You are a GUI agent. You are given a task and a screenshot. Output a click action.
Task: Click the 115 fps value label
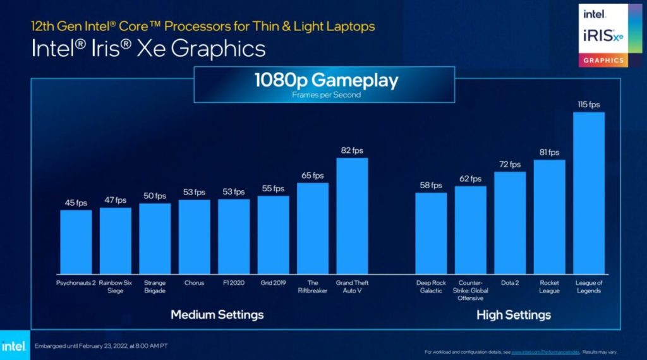coord(588,104)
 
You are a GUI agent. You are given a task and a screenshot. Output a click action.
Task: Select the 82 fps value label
coord(352,150)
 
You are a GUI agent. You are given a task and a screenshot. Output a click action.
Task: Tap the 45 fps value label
coord(76,203)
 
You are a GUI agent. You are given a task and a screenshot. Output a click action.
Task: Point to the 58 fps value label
coord(431,185)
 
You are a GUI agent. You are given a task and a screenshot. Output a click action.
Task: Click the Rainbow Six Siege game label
coord(116,287)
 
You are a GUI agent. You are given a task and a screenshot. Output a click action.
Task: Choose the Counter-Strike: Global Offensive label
coord(471,291)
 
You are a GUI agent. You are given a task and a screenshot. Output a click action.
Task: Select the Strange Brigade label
coord(155,287)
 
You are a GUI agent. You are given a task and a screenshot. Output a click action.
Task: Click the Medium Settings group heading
coord(217,315)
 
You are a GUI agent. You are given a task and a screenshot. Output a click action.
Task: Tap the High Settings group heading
coord(513,315)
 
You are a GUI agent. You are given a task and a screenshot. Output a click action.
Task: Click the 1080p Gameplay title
coord(326,81)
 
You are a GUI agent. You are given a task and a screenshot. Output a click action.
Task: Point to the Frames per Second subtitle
coord(326,95)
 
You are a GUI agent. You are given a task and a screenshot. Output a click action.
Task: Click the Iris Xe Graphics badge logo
coord(603,35)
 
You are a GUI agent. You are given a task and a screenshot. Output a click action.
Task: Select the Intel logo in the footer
coord(13,346)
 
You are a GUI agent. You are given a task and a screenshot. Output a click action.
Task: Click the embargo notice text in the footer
coord(100,346)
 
